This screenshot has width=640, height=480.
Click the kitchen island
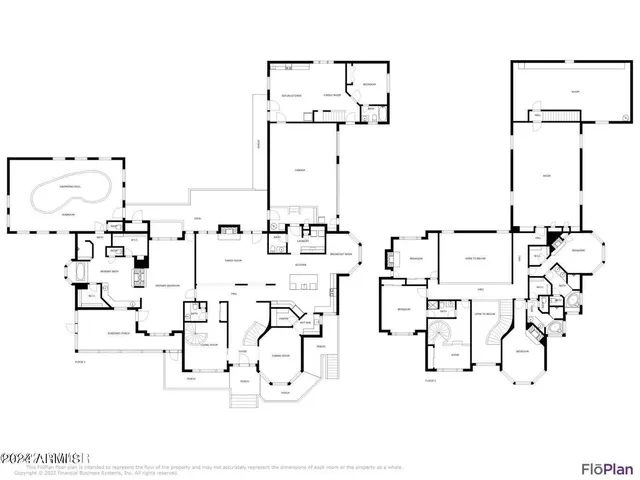click(298, 279)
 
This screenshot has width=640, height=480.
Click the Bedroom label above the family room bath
click(368, 84)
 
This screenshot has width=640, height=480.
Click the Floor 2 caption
click(431, 382)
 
